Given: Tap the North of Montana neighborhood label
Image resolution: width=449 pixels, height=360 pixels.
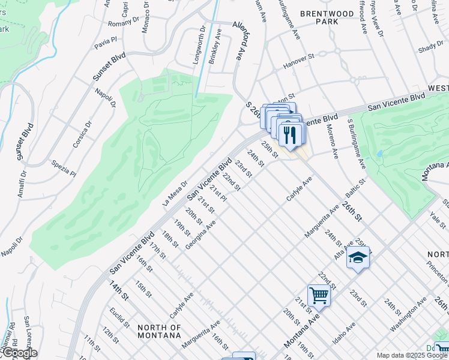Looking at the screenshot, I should click(159, 331).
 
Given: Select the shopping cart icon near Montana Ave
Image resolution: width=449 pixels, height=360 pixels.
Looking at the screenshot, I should click(318, 295).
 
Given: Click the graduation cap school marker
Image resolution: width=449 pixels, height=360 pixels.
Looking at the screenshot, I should click(358, 257).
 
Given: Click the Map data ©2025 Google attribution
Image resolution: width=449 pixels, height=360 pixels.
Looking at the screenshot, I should click(412, 355).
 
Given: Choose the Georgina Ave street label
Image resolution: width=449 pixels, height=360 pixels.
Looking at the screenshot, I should click(201, 236).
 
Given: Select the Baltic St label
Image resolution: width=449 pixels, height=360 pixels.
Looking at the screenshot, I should click(355, 188).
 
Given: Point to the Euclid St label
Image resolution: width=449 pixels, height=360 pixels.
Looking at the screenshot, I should click(119, 317).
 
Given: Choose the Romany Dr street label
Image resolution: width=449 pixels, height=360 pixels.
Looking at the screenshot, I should click(123, 23).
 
